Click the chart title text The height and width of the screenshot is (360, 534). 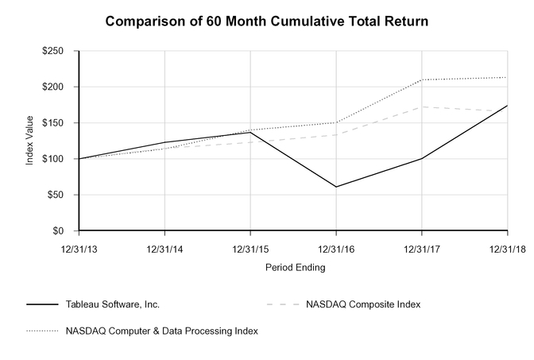pyautogui.click(x=267, y=21)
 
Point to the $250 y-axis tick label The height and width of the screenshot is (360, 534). pyautogui.click(x=55, y=51)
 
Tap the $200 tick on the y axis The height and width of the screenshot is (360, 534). pyautogui.click(x=55, y=87)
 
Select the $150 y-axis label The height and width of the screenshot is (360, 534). pyautogui.click(x=55, y=123)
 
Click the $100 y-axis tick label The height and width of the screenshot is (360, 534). pyautogui.click(x=55, y=159)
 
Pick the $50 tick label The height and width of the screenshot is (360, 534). pyautogui.click(x=57, y=195)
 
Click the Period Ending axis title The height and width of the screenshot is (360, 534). pyautogui.click(x=295, y=268)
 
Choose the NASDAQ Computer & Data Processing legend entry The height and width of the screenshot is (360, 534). pyautogui.click(x=164, y=330)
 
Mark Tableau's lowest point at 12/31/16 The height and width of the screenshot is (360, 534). pyautogui.click(x=336, y=187)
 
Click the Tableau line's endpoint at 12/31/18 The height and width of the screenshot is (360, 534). pyautogui.click(x=508, y=106)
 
